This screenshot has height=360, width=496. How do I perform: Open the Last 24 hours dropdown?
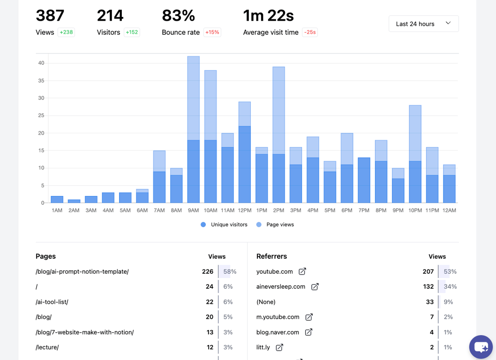[423, 24]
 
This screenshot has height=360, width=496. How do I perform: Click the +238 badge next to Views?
[66, 32]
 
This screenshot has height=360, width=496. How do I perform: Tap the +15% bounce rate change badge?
[212, 32]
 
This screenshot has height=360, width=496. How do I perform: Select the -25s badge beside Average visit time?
[309, 32]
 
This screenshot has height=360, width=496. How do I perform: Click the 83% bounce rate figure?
[178, 16]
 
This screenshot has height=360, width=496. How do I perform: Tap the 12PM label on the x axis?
[245, 210]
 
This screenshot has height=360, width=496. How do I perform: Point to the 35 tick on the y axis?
[41, 81]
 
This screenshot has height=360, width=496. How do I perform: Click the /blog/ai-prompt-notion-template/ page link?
[82, 271]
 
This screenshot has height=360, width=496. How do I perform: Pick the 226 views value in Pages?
[207, 271]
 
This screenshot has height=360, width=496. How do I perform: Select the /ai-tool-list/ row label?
[52, 302]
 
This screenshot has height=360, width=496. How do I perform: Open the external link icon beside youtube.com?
[302, 271]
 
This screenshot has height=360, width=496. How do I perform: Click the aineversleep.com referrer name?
[281, 286]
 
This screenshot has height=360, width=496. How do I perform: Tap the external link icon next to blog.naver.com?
[308, 332]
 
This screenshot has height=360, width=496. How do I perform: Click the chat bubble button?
[481, 347]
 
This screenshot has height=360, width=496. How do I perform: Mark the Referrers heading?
[271, 256]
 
